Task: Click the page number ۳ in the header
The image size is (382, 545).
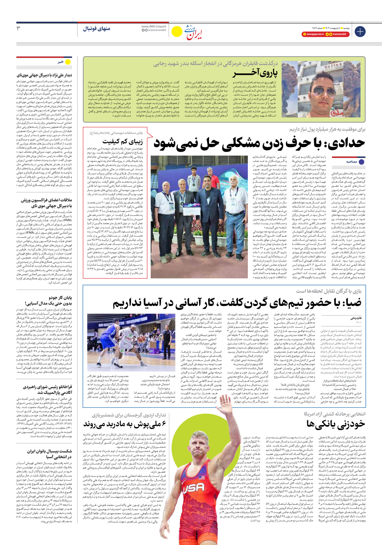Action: (19, 28)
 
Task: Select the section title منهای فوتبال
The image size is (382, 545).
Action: (96, 29)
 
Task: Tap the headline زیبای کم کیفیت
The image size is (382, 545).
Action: (122, 141)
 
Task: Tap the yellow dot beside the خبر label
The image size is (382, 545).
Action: (68, 62)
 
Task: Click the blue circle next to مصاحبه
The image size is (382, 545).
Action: (362, 162)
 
